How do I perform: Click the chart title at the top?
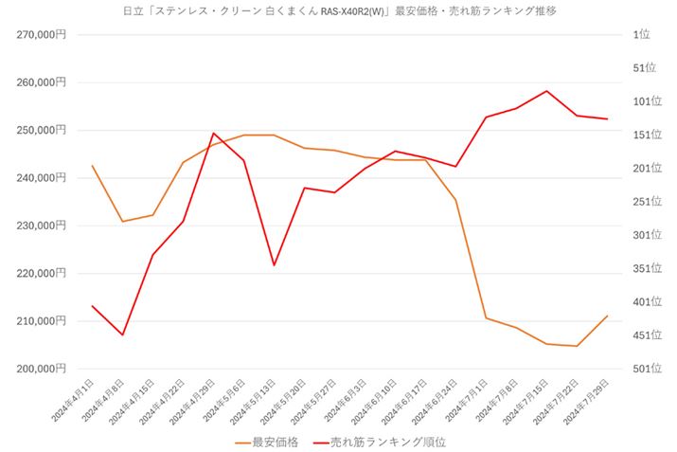[339, 11]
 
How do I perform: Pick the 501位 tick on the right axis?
[644, 369]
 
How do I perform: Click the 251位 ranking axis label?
[644, 201]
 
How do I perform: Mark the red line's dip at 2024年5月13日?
[274, 265]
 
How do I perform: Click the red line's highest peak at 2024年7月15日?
[546, 91]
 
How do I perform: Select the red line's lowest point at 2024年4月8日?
[122, 334]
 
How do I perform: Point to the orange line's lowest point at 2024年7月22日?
[577, 346]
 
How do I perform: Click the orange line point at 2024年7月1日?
[486, 317]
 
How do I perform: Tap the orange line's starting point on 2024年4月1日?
[92, 166]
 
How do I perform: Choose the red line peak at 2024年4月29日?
[213, 134]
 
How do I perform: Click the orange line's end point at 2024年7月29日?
[607, 316]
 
